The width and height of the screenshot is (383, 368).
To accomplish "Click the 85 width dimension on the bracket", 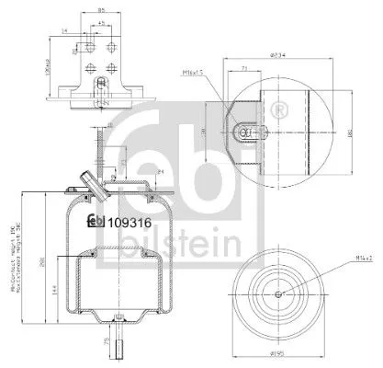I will (x=96, y=12).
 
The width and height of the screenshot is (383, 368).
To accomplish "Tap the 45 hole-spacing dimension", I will (x=99, y=24).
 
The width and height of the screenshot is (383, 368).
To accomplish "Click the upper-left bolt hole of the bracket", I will (x=88, y=45).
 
